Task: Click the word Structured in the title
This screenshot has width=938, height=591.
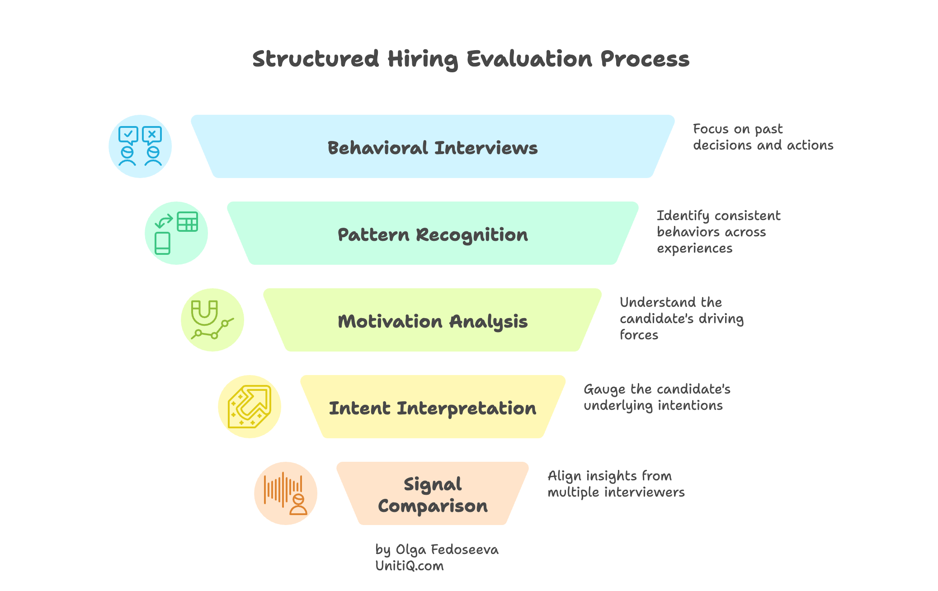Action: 316,59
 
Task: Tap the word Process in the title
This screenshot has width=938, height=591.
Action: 645,59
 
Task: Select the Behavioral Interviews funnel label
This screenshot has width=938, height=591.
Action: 433,148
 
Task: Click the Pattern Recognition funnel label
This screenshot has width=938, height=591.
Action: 433,235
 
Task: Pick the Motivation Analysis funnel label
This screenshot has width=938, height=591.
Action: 433,321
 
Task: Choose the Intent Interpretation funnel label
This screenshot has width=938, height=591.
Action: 433,408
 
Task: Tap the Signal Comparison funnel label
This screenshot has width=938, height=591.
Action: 433,495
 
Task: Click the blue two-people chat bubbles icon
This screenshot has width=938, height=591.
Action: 140,146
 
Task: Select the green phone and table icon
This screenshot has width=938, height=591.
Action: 176,233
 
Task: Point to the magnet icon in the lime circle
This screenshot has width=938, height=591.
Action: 204,313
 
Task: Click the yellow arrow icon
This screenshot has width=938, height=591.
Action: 250,407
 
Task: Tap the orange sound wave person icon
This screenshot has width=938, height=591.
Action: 286,493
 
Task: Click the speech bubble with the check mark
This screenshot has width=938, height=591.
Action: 128,135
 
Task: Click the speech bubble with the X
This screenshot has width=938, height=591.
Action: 152,135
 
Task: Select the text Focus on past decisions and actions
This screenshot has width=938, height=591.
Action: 763,137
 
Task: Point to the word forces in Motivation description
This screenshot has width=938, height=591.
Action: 639,335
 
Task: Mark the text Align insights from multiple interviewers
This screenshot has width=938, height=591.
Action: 616,483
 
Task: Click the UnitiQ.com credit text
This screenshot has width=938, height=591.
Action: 409,566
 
